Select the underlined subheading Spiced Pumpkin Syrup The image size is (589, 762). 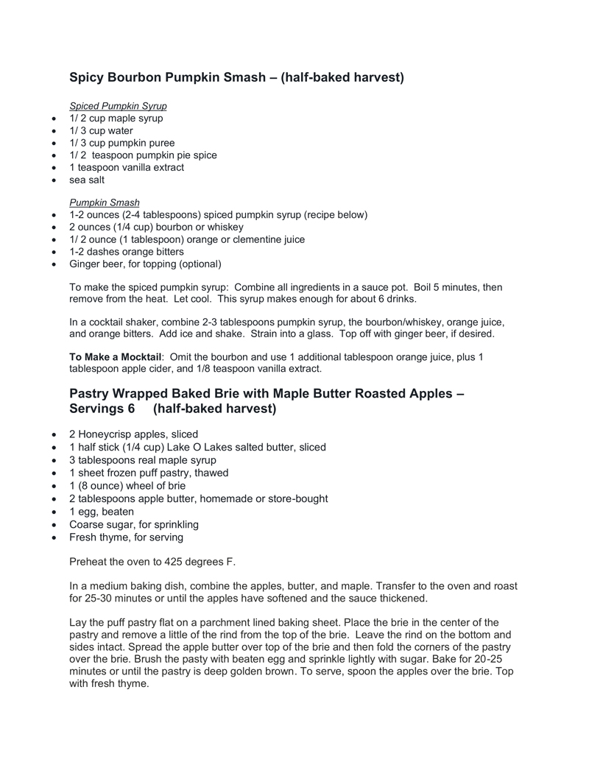pos(118,106)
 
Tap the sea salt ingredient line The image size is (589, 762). pos(87,180)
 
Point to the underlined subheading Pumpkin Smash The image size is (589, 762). pos(104,202)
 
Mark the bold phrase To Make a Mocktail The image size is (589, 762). pos(115,357)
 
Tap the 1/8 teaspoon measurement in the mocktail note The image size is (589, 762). pos(194,369)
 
